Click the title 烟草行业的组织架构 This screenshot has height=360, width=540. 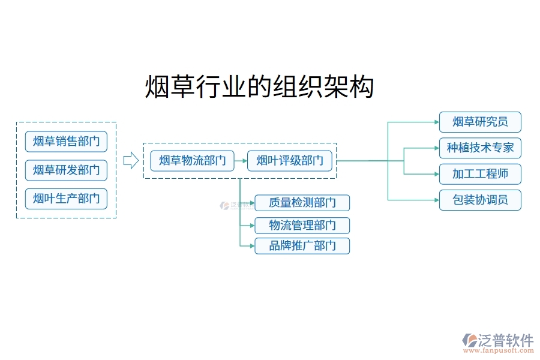[260, 87]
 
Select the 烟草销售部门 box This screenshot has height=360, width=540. [66, 142]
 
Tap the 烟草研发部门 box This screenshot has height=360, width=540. [66, 170]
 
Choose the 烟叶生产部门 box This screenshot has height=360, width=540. [66, 199]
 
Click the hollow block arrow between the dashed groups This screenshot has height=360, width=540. [130, 160]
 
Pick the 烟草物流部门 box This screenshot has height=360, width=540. [192, 160]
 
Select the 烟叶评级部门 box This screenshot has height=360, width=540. [290, 160]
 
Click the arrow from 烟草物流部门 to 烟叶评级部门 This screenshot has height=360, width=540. [241, 160]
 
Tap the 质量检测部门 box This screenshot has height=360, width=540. [302, 203]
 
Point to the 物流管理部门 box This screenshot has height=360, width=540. [302, 226]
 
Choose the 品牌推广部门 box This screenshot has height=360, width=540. [302, 246]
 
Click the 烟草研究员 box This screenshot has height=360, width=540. [480, 122]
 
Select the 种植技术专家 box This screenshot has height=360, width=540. [480, 148]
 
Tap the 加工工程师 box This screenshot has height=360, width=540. [480, 174]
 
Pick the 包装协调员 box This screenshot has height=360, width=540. [480, 200]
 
